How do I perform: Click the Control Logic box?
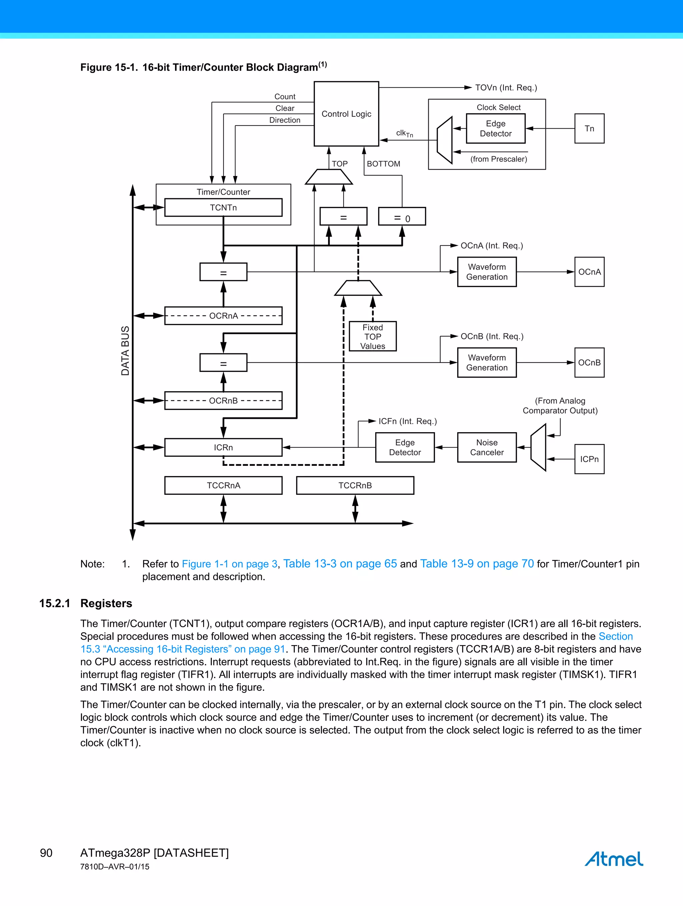coord(346,114)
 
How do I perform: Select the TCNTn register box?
coord(223,208)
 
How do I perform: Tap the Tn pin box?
coord(589,129)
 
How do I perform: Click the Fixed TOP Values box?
coord(372,336)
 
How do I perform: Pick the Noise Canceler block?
coord(487,447)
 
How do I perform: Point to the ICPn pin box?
coord(589,459)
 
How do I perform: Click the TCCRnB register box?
coord(355,485)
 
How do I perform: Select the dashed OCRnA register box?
coord(223,316)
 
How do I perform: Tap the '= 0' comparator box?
coord(402,216)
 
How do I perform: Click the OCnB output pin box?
coord(589,363)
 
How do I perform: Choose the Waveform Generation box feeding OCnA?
coord(487,272)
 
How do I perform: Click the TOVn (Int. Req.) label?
coord(506,88)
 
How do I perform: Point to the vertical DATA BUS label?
coord(125,351)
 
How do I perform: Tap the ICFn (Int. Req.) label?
coord(407,421)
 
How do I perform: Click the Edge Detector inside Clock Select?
coord(495,129)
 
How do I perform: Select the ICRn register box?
coord(223,447)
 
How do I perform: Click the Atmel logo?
coord(613,859)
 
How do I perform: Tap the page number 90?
coord(46,853)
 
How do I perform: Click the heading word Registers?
coord(106,603)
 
